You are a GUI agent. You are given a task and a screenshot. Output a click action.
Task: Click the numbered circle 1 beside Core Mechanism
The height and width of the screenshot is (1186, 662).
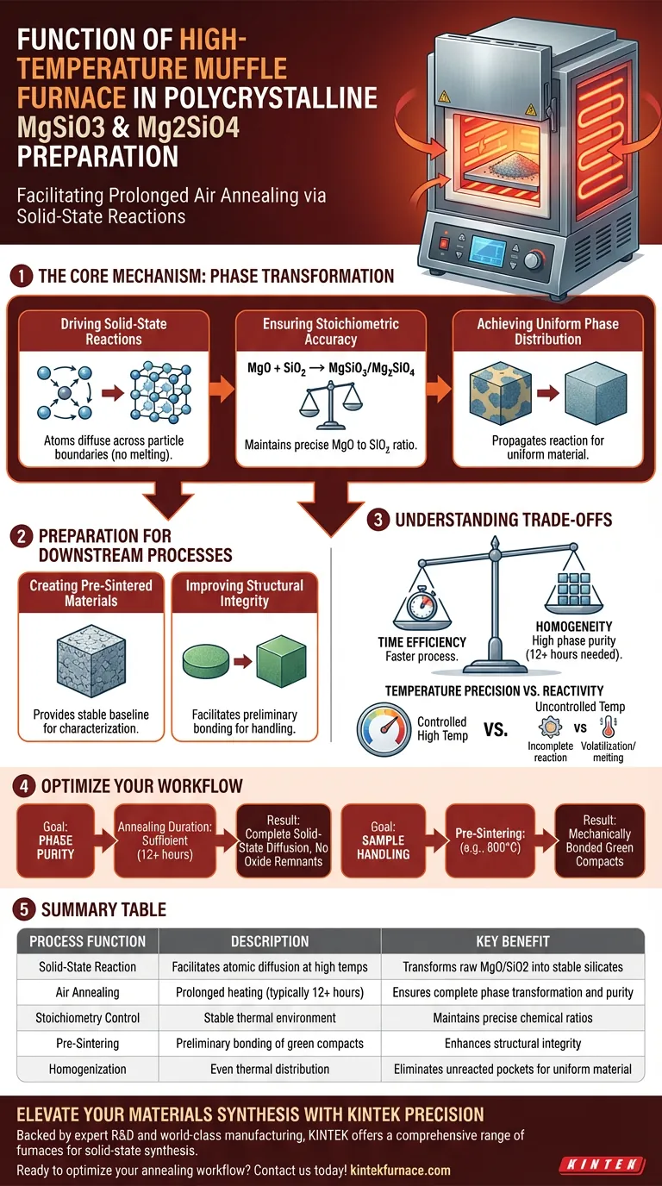click(19, 277)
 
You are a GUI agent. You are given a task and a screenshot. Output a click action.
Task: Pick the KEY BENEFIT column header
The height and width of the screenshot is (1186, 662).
click(512, 941)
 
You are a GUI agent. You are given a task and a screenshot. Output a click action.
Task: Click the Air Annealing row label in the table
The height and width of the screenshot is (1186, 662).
click(88, 992)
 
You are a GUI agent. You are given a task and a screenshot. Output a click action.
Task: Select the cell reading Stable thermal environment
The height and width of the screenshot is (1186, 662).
click(270, 1018)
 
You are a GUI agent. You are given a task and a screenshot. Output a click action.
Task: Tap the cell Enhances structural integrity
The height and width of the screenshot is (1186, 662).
click(512, 1044)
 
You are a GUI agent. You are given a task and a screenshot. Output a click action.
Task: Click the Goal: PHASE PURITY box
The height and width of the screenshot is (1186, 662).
click(55, 840)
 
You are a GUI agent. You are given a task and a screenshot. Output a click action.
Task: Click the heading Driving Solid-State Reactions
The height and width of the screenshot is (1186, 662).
click(113, 332)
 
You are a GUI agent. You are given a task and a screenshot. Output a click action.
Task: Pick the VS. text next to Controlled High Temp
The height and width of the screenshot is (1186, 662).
click(495, 728)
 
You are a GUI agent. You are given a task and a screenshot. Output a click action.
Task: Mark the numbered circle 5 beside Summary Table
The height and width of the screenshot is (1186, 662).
click(19, 909)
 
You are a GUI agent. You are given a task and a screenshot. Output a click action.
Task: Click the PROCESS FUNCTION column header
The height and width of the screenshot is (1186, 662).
click(88, 941)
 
